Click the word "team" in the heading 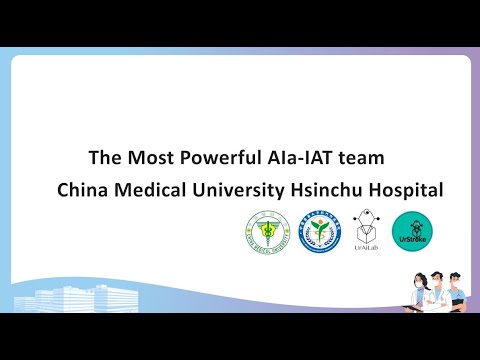point(362,158)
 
